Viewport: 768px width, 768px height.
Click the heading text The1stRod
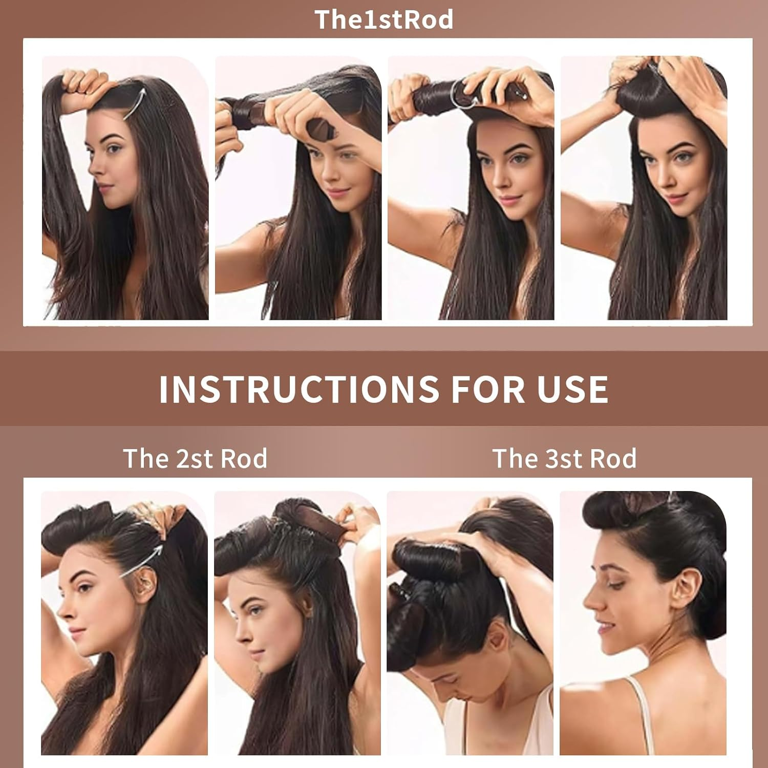[x=384, y=19]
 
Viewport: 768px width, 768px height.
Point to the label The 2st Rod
[x=195, y=458]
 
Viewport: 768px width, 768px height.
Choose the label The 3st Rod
[x=564, y=458]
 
